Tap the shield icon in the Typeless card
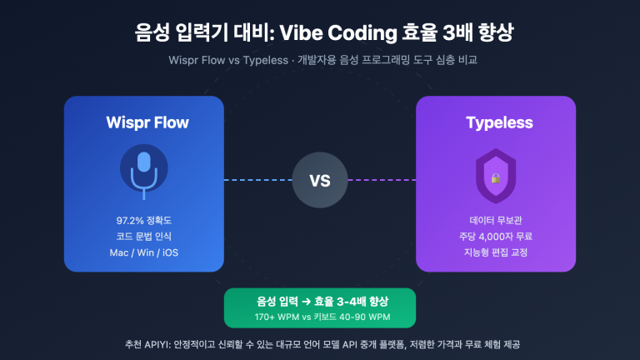(496, 176)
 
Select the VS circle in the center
(320, 179)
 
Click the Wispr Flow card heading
(147, 122)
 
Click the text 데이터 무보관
(496, 221)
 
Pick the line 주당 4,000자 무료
(496, 237)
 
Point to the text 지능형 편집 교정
(496, 252)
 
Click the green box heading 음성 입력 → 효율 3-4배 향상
(320, 302)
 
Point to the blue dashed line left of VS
(258, 179)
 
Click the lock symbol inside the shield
(496, 177)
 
